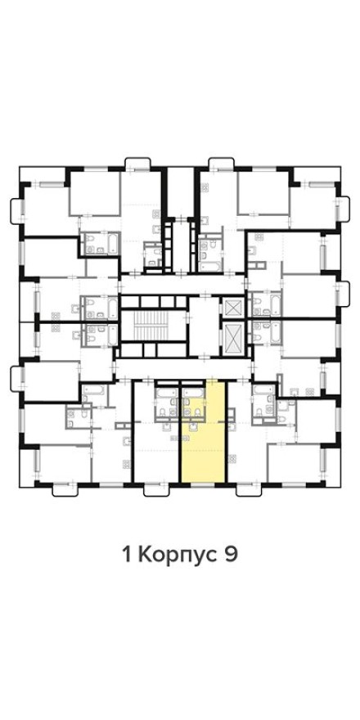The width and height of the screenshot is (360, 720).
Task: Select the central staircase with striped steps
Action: click(148, 326)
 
